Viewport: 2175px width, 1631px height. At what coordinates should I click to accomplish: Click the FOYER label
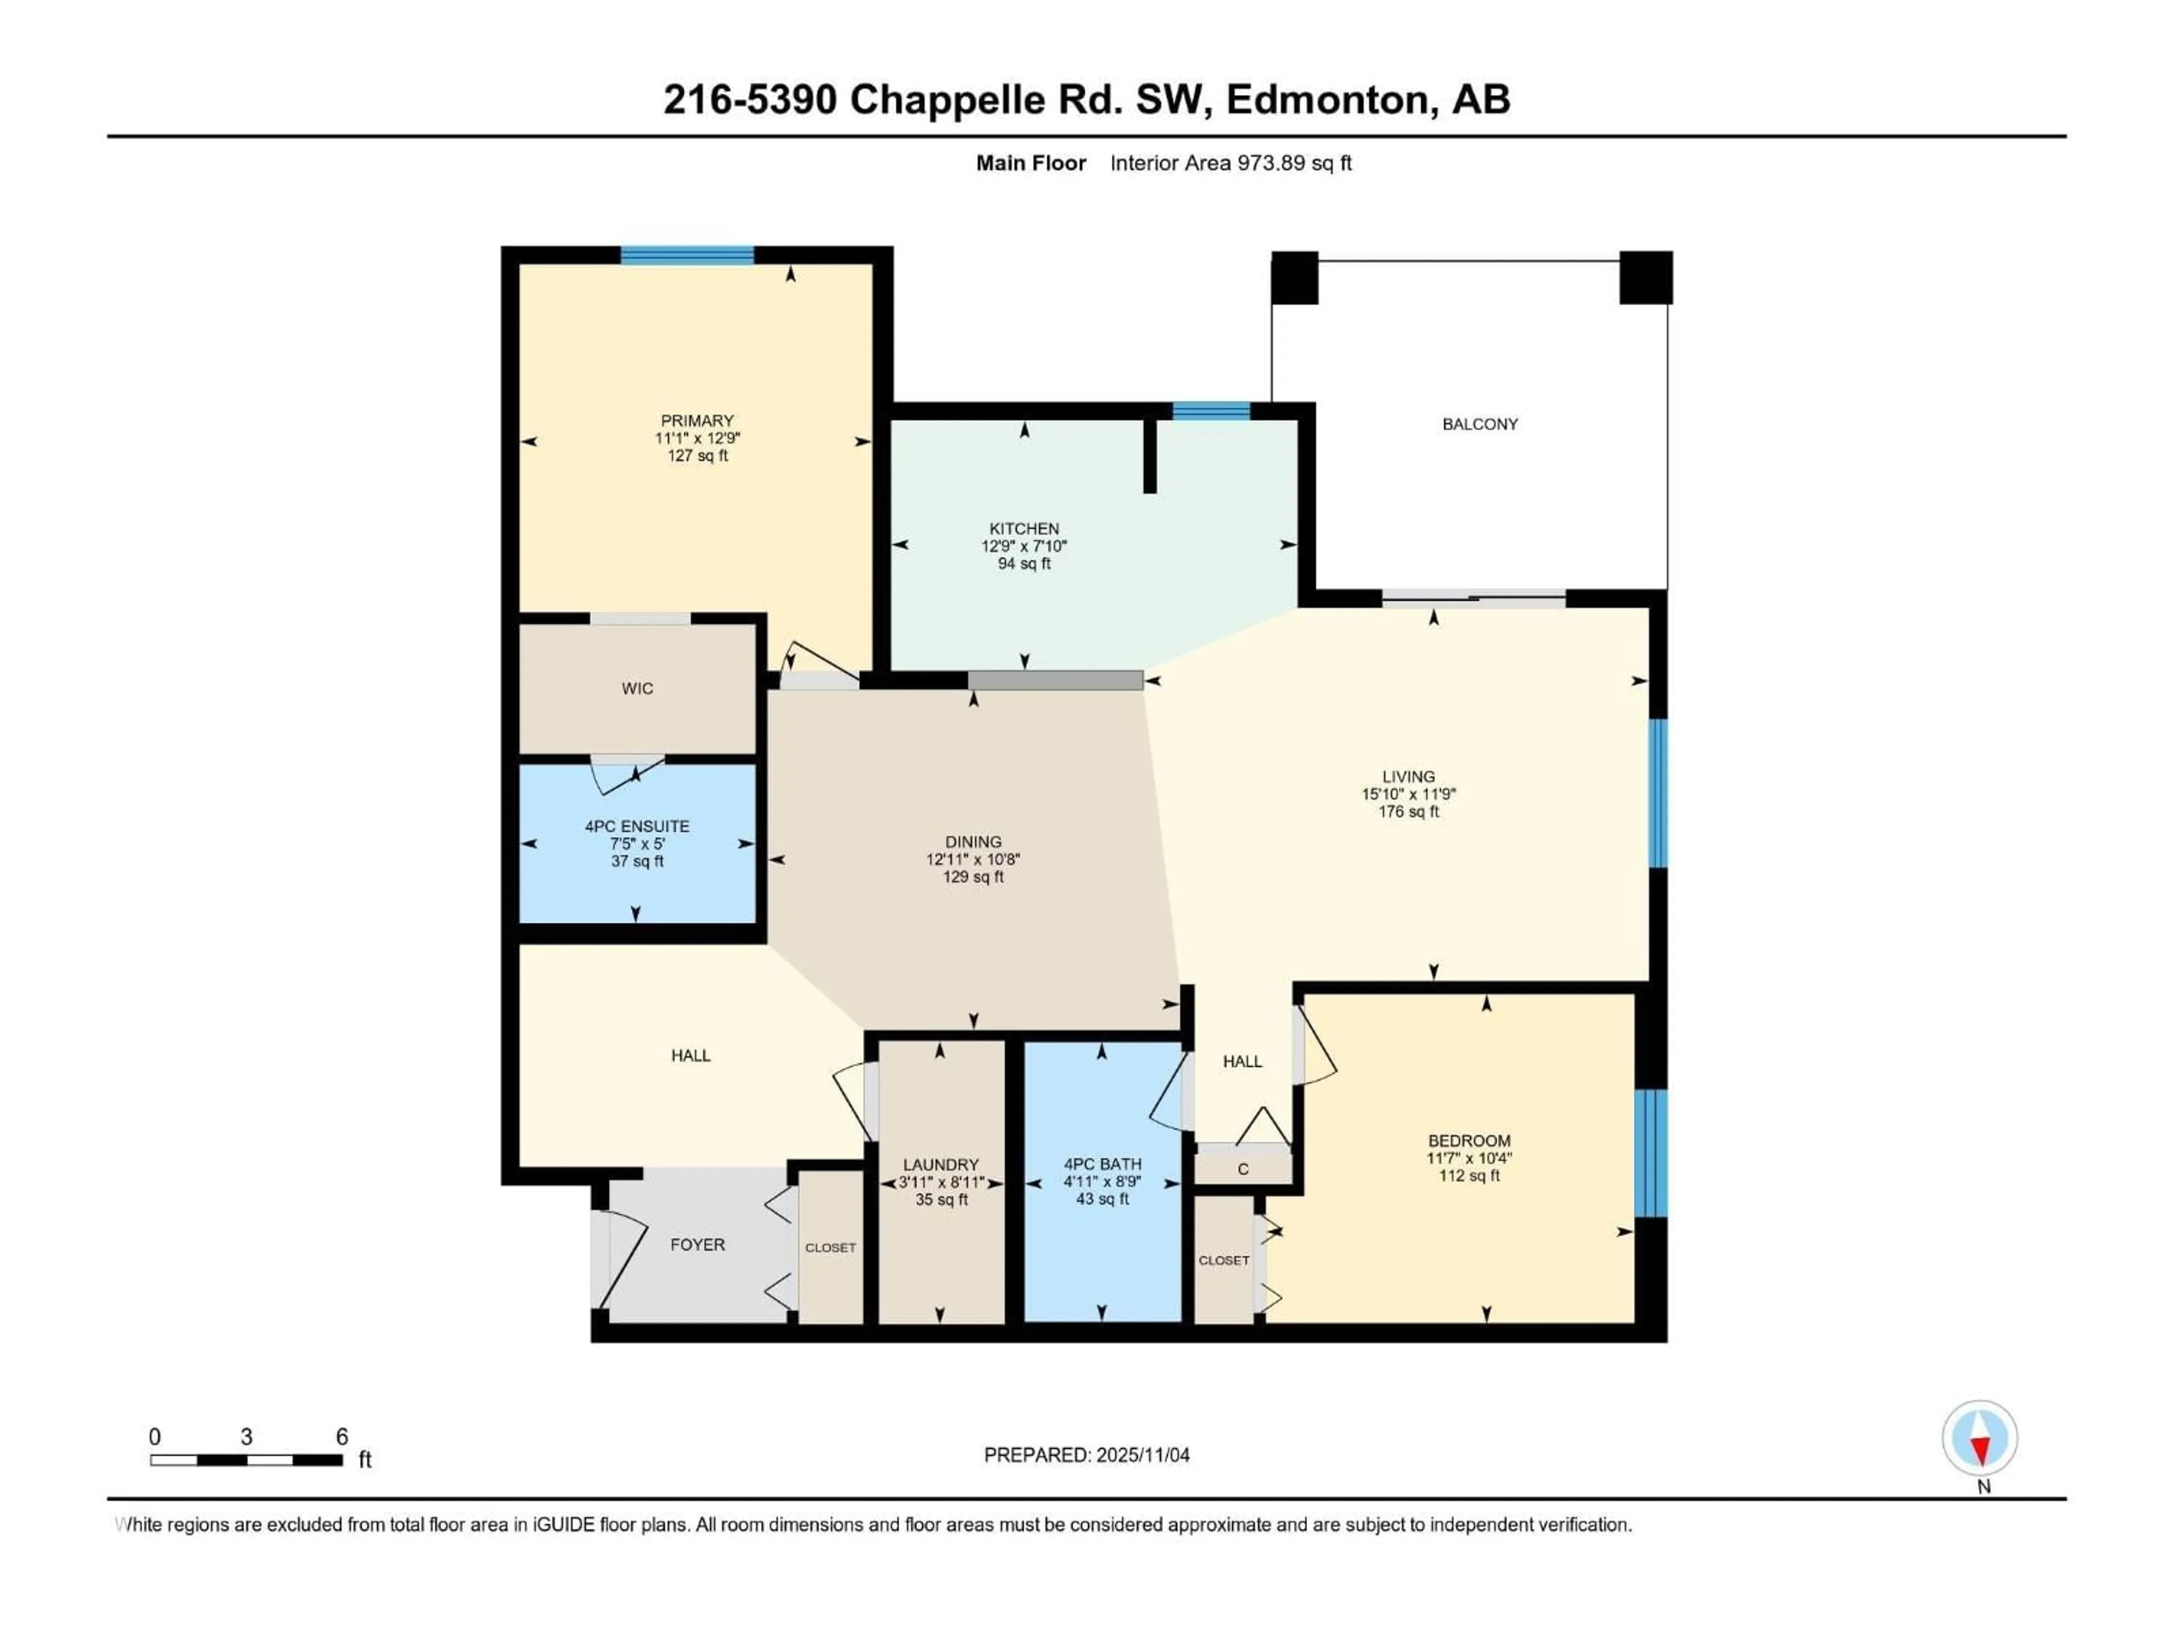coord(697,1245)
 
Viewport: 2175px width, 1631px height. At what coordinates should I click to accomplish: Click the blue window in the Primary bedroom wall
coord(687,255)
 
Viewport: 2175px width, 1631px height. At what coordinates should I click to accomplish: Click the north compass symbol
coord(1980,1439)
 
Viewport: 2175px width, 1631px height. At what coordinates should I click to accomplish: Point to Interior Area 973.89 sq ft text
coord(1230,163)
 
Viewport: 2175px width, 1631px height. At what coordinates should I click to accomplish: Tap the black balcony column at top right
coord(1645,277)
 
